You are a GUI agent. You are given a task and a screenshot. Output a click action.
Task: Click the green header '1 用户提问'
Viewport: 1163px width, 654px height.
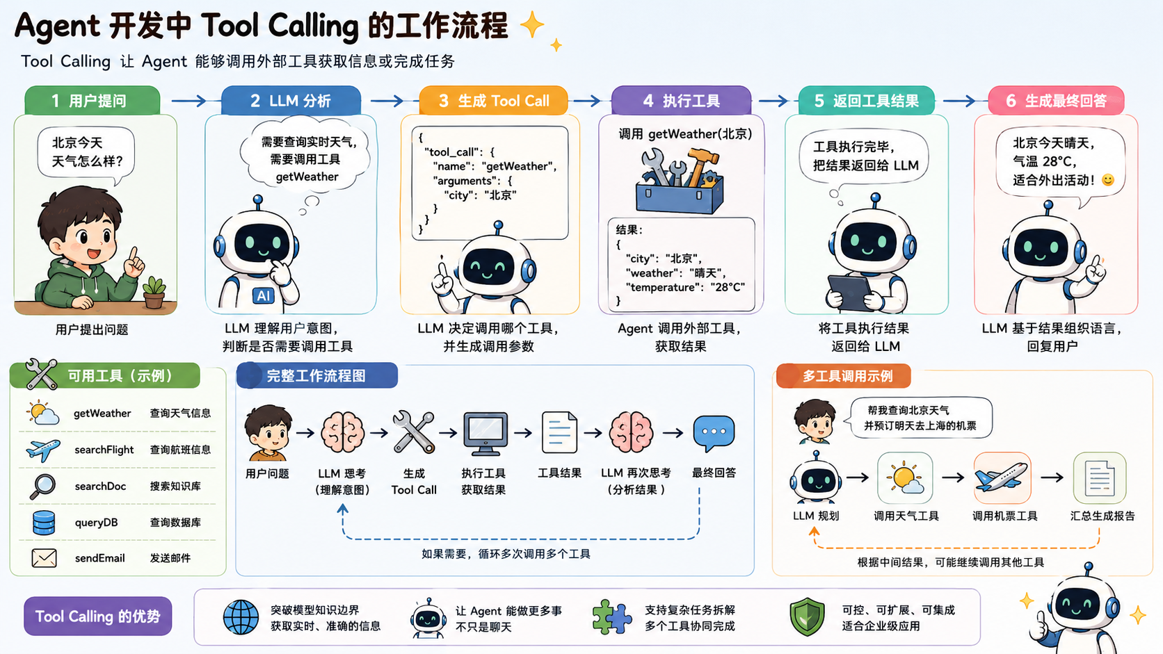tap(92, 100)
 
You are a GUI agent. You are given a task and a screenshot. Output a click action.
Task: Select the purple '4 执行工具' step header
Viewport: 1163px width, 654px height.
tap(681, 100)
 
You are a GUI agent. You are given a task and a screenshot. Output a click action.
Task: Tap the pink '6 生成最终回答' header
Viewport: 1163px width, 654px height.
tap(1056, 100)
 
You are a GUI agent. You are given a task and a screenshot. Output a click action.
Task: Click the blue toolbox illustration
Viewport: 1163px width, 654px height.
tap(679, 181)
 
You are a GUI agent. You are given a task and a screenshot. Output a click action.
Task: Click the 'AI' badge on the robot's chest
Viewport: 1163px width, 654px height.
tap(264, 295)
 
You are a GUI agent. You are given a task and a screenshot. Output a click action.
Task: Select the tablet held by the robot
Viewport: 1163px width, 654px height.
tap(851, 293)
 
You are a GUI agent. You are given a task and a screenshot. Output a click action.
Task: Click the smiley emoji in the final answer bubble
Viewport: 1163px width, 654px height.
tap(1107, 180)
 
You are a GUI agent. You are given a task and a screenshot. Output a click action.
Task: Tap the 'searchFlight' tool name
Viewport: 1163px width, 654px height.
tap(104, 450)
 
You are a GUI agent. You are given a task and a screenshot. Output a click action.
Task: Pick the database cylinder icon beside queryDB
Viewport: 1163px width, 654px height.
tap(44, 522)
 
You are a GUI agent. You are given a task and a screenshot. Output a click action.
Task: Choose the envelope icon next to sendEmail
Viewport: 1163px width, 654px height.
tap(44, 558)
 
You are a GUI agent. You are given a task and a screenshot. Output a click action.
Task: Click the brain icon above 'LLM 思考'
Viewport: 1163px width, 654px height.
tap(342, 432)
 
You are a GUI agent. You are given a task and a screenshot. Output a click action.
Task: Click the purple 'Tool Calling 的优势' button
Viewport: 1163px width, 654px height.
tap(97, 616)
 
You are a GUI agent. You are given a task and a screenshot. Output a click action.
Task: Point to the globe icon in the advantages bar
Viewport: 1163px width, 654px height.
tap(241, 617)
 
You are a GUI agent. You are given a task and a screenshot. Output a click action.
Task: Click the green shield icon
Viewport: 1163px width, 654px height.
tap(807, 616)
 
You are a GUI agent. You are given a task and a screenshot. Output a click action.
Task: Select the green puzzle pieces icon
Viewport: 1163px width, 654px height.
tap(612, 616)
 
